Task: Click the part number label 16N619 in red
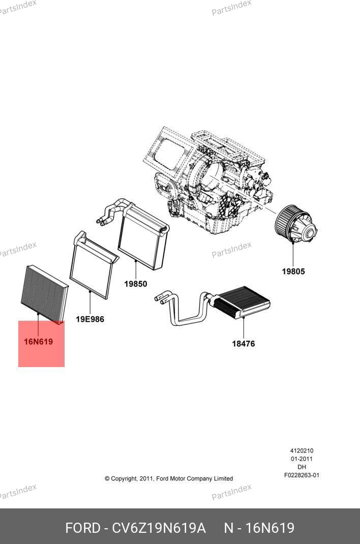(x=39, y=342)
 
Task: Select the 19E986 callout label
(x=90, y=319)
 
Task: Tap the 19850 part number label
(x=136, y=284)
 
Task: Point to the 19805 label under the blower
(x=293, y=271)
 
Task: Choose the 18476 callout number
(x=244, y=344)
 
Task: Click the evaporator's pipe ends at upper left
(x=101, y=220)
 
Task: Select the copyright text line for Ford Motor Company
(x=169, y=478)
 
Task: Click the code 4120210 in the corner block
(x=302, y=450)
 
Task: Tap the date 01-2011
(x=302, y=459)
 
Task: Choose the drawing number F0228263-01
(x=302, y=475)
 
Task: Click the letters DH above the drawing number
(x=302, y=467)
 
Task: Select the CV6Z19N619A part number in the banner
(x=159, y=528)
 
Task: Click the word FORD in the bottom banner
(x=82, y=528)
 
